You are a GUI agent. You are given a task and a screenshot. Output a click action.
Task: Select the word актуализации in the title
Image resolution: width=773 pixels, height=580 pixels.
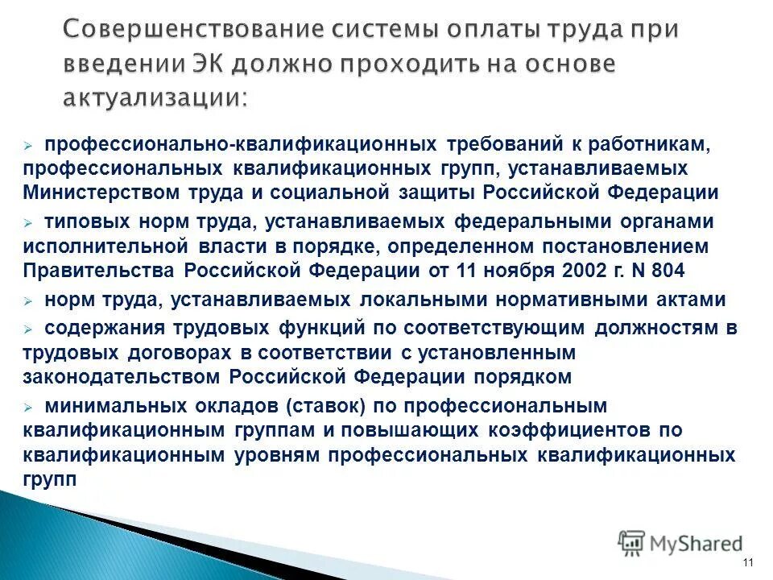pyautogui.click(x=155, y=97)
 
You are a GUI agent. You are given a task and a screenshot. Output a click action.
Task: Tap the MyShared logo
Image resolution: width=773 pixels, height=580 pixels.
pyautogui.click(x=680, y=544)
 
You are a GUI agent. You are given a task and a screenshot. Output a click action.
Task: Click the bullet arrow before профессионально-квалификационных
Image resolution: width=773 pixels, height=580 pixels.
pyautogui.click(x=28, y=144)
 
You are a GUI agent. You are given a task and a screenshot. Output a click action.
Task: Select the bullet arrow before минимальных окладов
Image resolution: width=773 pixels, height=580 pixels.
pyautogui.click(x=28, y=406)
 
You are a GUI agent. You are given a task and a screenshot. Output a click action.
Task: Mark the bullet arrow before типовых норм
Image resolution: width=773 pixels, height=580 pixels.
pyautogui.click(x=28, y=221)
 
